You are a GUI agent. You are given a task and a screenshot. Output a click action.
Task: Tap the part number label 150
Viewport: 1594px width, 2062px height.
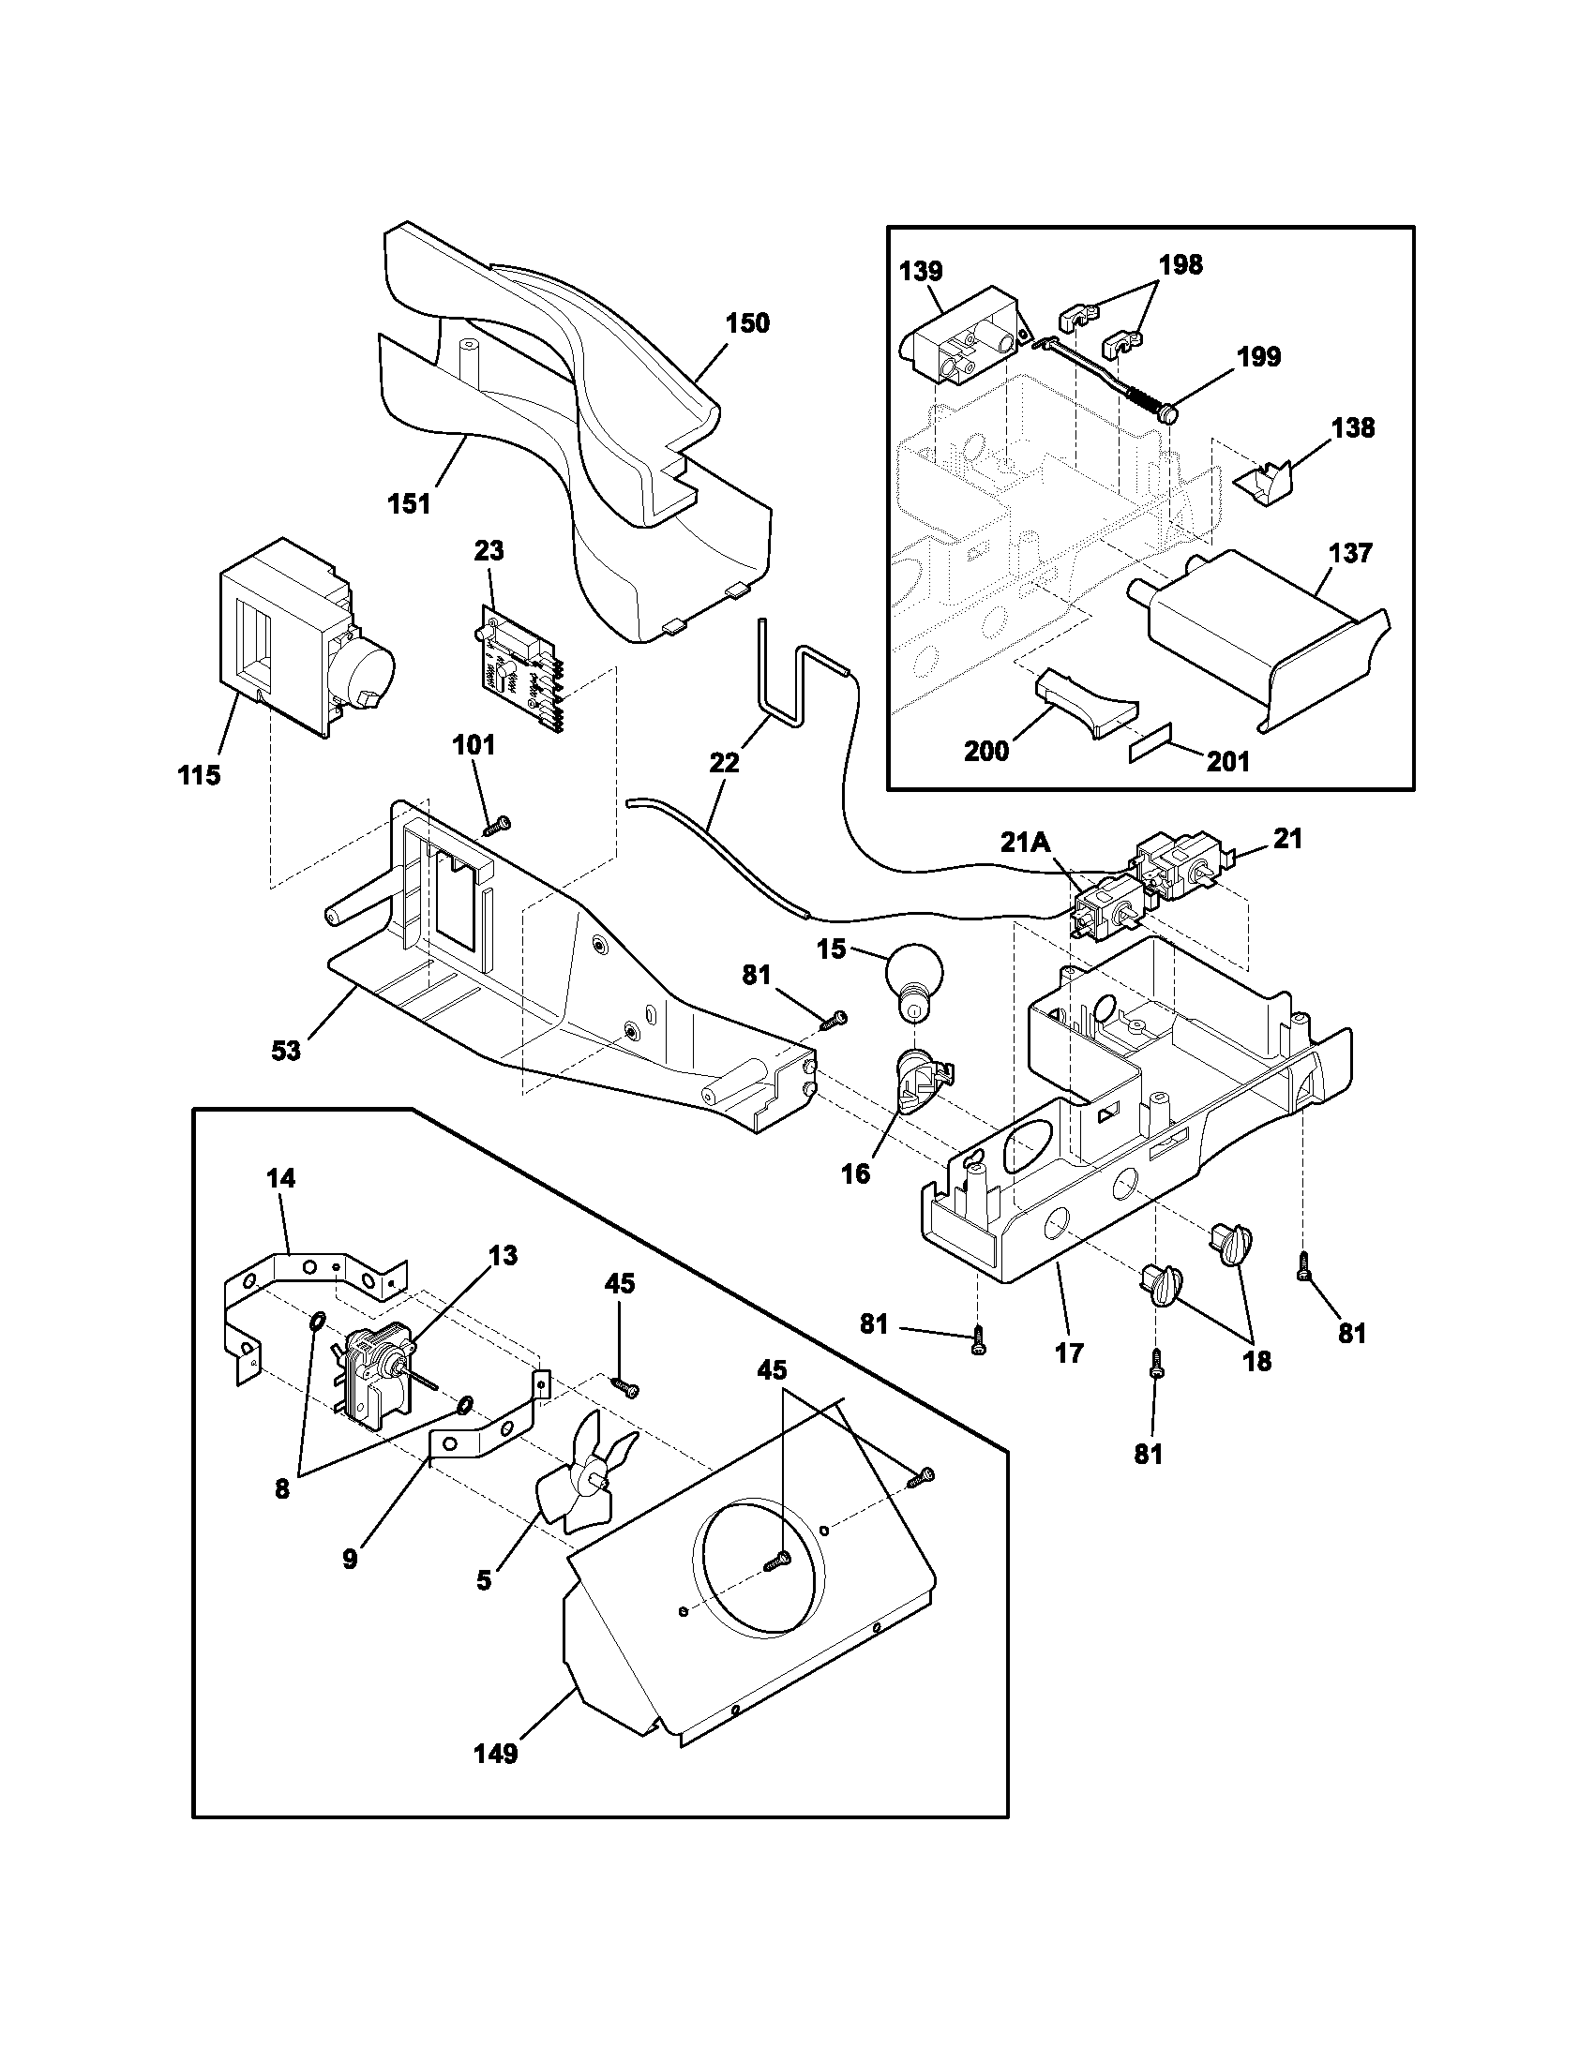[747, 323]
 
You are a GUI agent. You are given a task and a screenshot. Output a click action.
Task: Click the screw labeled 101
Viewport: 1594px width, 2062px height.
[495, 826]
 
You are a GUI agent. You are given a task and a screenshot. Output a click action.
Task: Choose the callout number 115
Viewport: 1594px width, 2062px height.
[198, 776]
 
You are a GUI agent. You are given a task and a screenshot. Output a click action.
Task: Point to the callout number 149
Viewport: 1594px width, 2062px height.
[496, 1755]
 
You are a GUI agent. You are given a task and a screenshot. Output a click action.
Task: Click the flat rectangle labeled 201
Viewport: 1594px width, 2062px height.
[1150, 751]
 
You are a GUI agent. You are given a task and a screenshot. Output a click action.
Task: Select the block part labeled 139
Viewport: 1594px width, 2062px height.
[963, 336]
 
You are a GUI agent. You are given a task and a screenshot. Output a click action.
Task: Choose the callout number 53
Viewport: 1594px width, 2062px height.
[286, 1050]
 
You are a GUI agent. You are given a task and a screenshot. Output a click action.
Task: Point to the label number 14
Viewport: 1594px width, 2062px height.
[280, 1178]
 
